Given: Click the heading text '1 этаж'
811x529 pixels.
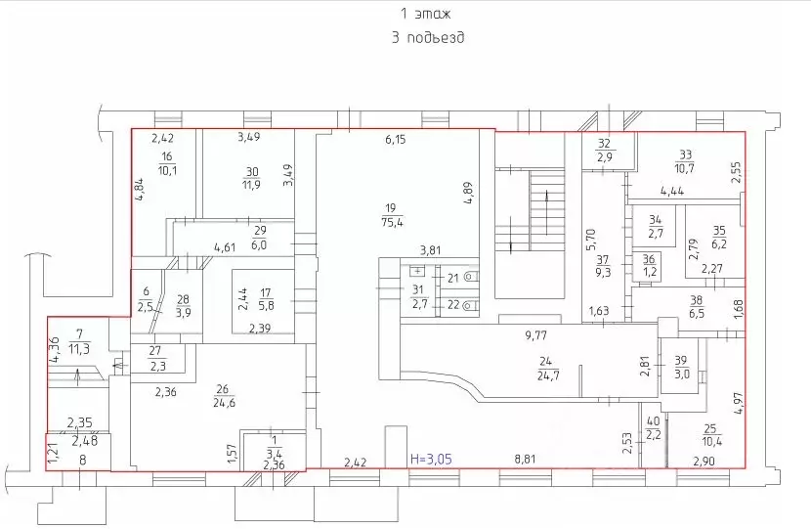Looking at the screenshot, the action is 426,14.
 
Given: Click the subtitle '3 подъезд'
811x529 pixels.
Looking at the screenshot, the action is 428,37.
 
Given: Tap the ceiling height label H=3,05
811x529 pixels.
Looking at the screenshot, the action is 431,458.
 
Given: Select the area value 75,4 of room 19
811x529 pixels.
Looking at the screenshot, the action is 392,223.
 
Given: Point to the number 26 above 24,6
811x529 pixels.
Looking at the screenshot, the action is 222,390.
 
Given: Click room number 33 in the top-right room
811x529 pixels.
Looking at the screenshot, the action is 685,154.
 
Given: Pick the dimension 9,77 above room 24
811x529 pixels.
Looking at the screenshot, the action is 535,335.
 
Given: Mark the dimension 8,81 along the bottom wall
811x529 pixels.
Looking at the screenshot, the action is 525,459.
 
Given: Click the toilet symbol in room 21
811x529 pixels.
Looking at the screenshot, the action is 470,277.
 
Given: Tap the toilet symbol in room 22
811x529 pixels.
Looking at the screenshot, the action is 470,305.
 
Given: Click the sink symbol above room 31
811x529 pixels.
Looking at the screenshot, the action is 418,270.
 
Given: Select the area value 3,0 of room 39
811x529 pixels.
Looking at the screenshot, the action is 682,374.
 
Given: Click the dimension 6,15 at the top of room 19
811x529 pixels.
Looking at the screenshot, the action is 395,139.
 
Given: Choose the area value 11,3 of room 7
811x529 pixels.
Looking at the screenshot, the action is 78,349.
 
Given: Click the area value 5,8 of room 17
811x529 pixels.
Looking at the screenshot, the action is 267,305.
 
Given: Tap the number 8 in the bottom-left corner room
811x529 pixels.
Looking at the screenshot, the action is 83,460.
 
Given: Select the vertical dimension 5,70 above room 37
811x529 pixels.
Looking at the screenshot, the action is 591,240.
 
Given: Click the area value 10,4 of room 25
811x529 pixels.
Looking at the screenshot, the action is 712,441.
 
